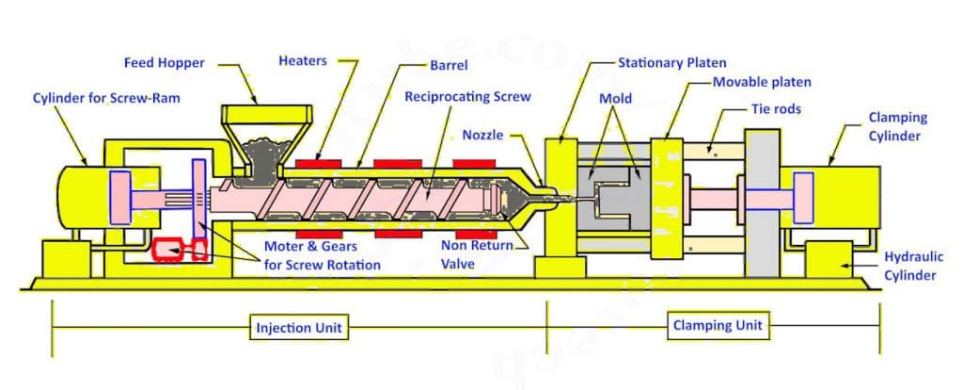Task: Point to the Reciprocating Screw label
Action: click(x=467, y=97)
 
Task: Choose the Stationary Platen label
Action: click(x=671, y=63)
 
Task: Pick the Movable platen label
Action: click(x=761, y=82)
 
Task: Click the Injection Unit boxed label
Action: click(x=300, y=329)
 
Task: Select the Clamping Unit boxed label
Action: click(x=718, y=327)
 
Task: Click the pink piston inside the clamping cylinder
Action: click(x=802, y=197)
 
